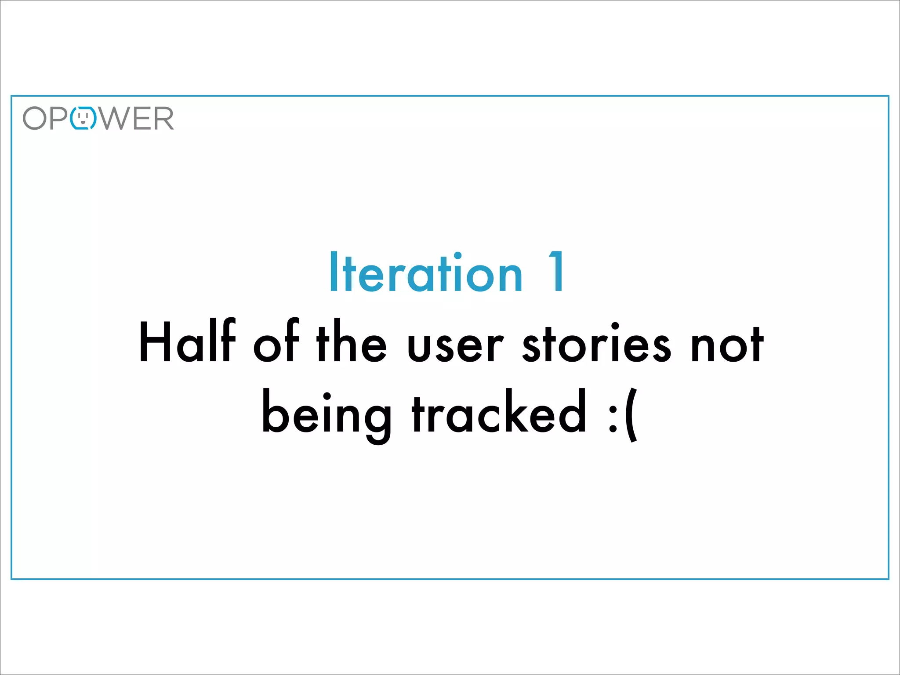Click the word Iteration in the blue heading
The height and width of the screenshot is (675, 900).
pyautogui.click(x=426, y=272)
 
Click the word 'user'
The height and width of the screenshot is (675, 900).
pyautogui.click(x=455, y=347)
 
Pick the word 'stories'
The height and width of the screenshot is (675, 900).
pyautogui.click(x=596, y=345)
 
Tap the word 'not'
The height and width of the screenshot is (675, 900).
pyautogui.click(x=727, y=345)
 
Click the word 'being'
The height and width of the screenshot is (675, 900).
pyautogui.click(x=327, y=415)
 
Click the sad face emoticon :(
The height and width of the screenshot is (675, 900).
pyautogui.click(x=623, y=416)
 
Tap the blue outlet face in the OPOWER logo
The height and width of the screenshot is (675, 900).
pyautogui.click(x=83, y=118)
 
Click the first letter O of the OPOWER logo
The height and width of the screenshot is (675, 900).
pyautogui.click(x=35, y=118)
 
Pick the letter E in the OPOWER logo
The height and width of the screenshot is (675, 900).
pyautogui.click(x=140, y=118)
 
